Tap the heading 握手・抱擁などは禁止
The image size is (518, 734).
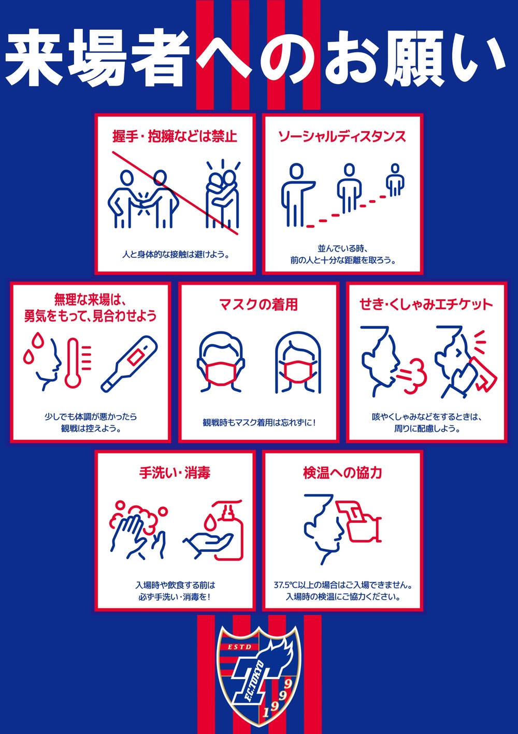(175, 136)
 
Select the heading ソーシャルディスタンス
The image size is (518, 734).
(342, 136)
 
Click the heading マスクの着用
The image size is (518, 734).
(258, 304)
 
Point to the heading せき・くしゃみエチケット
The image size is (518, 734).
(426, 304)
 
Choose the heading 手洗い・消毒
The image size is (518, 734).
(175, 473)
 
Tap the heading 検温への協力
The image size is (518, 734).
(342, 473)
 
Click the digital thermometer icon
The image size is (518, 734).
(129, 364)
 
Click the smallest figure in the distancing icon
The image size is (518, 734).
(395, 179)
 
